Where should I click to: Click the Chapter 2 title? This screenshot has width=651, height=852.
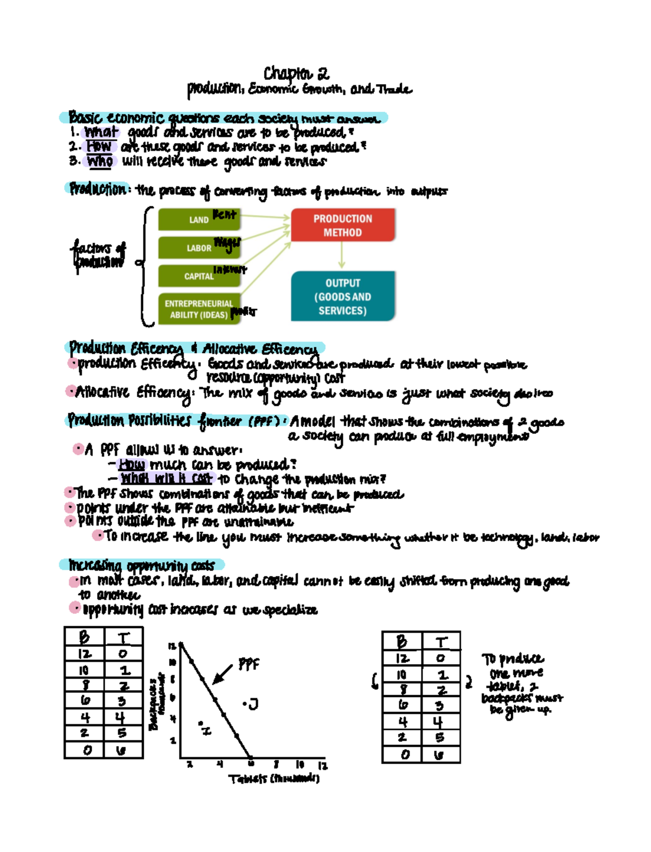(296, 73)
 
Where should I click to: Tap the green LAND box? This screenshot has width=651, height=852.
(199, 220)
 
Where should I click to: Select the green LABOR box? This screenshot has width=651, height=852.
(199, 248)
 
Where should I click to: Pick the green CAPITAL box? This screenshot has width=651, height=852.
(199, 276)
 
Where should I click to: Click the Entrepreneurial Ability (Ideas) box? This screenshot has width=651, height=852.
(199, 309)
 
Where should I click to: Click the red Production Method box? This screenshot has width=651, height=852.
(342, 225)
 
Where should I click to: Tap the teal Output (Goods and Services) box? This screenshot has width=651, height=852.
(342, 296)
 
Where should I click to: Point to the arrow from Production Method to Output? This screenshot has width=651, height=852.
(342, 255)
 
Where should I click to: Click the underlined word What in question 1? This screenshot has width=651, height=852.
(101, 132)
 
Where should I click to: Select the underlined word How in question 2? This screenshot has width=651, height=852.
(99, 147)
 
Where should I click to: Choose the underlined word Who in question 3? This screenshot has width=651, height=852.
(100, 161)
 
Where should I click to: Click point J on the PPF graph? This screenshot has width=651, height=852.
(251, 704)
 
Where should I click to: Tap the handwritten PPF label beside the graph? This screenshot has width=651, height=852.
(248, 664)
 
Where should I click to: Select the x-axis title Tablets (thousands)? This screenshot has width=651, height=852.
(274, 779)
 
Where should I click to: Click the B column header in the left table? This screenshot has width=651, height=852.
(85, 637)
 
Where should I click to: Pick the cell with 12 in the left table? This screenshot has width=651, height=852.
(85, 653)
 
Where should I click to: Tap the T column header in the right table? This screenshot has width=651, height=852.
(441, 642)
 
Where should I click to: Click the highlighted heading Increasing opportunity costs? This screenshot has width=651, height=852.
(142, 565)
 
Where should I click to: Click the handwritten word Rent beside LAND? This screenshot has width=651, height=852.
(224, 214)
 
